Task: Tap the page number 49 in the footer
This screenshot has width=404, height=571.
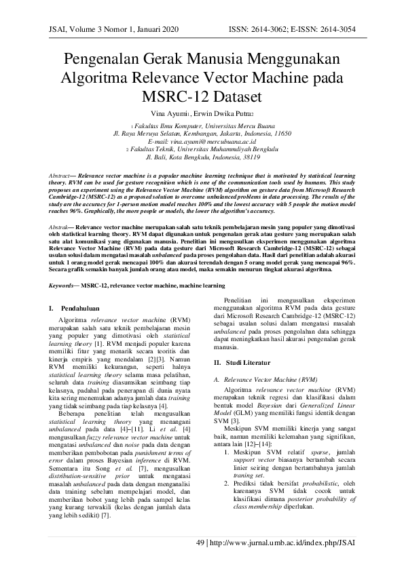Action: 200,543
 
